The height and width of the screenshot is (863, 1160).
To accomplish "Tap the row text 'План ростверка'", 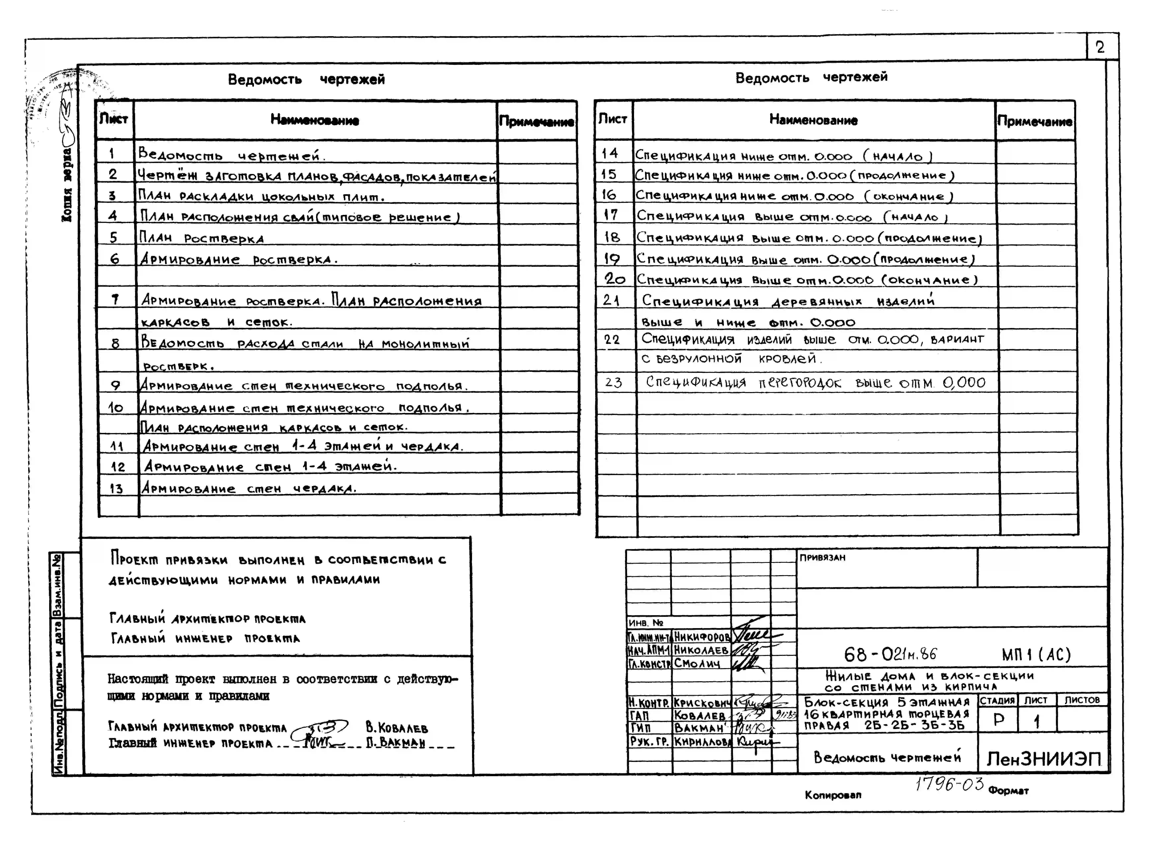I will [x=201, y=238].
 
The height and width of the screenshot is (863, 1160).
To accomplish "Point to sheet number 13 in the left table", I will [x=116, y=489].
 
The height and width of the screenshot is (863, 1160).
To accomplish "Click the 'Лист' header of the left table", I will [x=114, y=119].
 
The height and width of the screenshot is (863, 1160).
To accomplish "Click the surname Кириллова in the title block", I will [x=703, y=741].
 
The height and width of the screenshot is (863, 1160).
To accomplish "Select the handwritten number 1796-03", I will [x=949, y=784].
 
